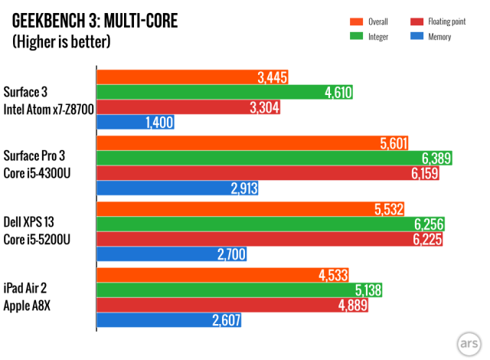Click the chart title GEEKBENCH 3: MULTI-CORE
tap(96, 21)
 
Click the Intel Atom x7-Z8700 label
tap(48, 110)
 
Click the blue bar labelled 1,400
tap(136, 122)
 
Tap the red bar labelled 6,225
tap(271, 239)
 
